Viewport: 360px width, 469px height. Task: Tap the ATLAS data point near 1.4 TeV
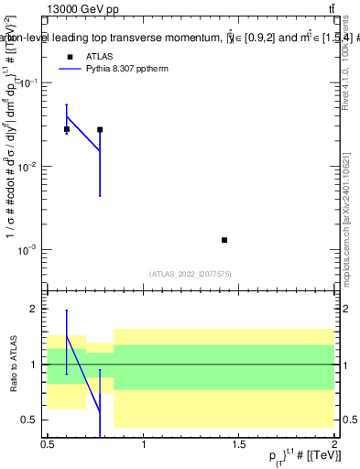coord(224,240)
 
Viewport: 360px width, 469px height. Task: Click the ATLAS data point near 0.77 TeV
coord(100,129)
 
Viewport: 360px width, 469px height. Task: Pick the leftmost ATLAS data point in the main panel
coord(67,129)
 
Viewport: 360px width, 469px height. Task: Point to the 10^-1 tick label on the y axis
coord(29,83)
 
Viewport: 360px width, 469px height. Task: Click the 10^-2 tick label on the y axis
coord(29,167)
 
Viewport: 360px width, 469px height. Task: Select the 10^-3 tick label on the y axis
coord(29,250)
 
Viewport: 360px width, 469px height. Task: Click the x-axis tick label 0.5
coord(48,444)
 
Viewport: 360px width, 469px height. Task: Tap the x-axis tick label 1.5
coord(239,444)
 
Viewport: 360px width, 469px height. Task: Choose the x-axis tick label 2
coord(334,444)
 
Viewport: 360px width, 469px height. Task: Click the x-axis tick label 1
coord(144,444)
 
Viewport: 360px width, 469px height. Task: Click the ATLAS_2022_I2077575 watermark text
coord(191,274)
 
